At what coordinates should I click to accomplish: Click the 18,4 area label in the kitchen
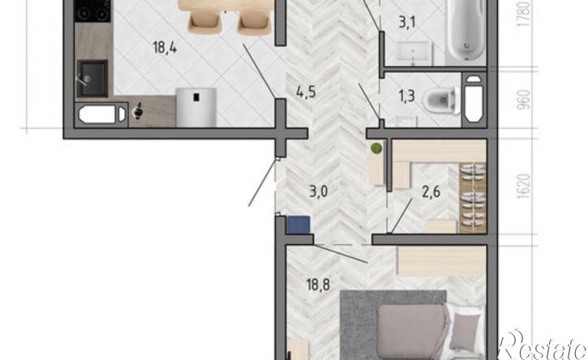click(165, 48)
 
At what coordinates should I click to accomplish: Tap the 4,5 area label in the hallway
click(306, 92)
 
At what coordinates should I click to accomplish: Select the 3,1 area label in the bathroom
click(407, 23)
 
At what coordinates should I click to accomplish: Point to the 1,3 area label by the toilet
click(406, 96)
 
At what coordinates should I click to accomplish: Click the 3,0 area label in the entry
click(319, 191)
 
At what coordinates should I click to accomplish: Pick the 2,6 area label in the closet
click(431, 191)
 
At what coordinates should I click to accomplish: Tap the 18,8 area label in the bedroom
click(318, 285)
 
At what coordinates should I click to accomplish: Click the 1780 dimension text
click(524, 14)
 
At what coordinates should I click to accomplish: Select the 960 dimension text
click(524, 99)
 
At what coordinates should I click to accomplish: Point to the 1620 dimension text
click(524, 186)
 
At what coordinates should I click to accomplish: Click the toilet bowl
click(441, 101)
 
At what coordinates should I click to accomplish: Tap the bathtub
click(466, 31)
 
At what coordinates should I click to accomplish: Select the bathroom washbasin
click(414, 53)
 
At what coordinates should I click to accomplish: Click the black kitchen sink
click(92, 79)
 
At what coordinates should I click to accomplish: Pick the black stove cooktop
click(92, 11)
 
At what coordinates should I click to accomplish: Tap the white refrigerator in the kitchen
click(196, 107)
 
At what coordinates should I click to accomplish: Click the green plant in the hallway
click(376, 148)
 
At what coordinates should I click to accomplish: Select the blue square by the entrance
click(298, 225)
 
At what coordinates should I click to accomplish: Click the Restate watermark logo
click(543, 345)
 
